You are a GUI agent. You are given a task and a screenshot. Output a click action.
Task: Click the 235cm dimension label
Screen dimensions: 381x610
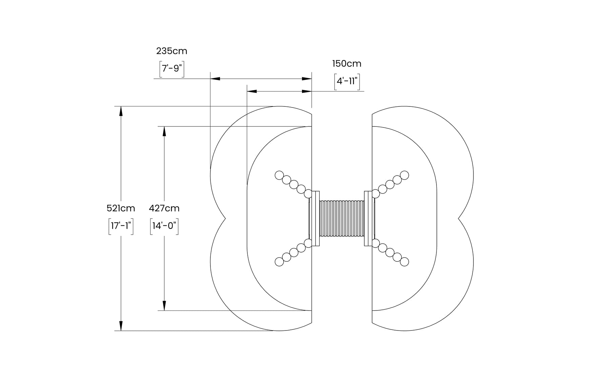(171, 51)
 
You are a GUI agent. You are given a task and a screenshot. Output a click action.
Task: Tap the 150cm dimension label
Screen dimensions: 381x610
(347, 64)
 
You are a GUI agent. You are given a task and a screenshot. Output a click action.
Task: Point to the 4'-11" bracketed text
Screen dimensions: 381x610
(347, 81)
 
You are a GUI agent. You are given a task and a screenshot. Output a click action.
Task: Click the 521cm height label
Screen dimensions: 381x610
(121, 208)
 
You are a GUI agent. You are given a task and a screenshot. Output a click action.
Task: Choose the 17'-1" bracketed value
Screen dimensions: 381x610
(121, 226)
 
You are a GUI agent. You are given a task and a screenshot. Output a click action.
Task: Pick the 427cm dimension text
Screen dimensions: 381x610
(164, 208)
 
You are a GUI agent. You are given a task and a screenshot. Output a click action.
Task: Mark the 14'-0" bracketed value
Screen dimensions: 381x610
(164, 226)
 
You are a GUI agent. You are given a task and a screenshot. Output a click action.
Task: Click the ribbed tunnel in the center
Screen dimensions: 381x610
(342, 219)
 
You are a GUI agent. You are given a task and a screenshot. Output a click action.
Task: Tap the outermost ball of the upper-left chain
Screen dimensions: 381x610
(279, 175)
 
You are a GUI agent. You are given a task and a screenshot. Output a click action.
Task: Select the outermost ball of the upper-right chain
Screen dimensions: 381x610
(405, 175)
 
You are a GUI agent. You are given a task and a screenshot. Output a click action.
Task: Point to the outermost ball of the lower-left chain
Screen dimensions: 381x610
(279, 262)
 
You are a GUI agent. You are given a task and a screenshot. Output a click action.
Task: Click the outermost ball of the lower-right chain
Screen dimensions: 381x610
(405, 262)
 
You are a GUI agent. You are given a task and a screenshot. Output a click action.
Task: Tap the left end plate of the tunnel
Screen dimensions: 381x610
(316, 219)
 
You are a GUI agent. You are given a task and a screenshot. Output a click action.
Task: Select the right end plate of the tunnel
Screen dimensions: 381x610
(368, 219)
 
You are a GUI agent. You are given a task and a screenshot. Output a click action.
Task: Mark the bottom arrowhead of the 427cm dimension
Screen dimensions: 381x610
(164, 306)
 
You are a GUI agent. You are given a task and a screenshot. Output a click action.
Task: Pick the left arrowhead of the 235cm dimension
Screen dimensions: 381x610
(215, 79)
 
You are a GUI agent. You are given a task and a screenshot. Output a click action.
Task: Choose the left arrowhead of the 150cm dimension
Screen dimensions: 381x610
(252, 91)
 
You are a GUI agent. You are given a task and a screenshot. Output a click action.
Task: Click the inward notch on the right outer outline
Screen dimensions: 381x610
(459, 219)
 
